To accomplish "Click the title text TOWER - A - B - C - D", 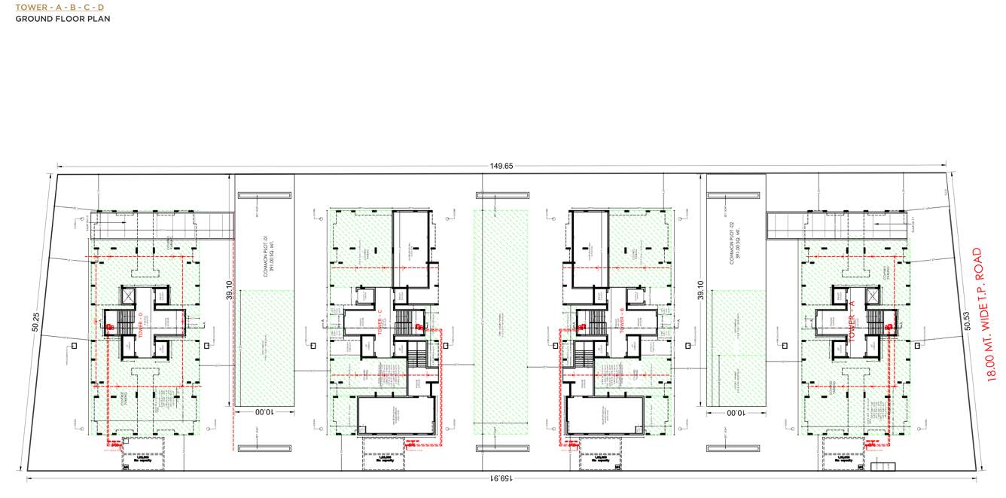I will click(x=59, y=8).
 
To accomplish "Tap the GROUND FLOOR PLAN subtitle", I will click(x=62, y=19).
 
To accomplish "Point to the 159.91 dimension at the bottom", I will click(x=503, y=478).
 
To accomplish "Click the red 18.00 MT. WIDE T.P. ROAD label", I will click(x=984, y=314).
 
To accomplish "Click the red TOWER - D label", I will click(x=141, y=325).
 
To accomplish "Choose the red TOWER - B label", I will click(x=622, y=320).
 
